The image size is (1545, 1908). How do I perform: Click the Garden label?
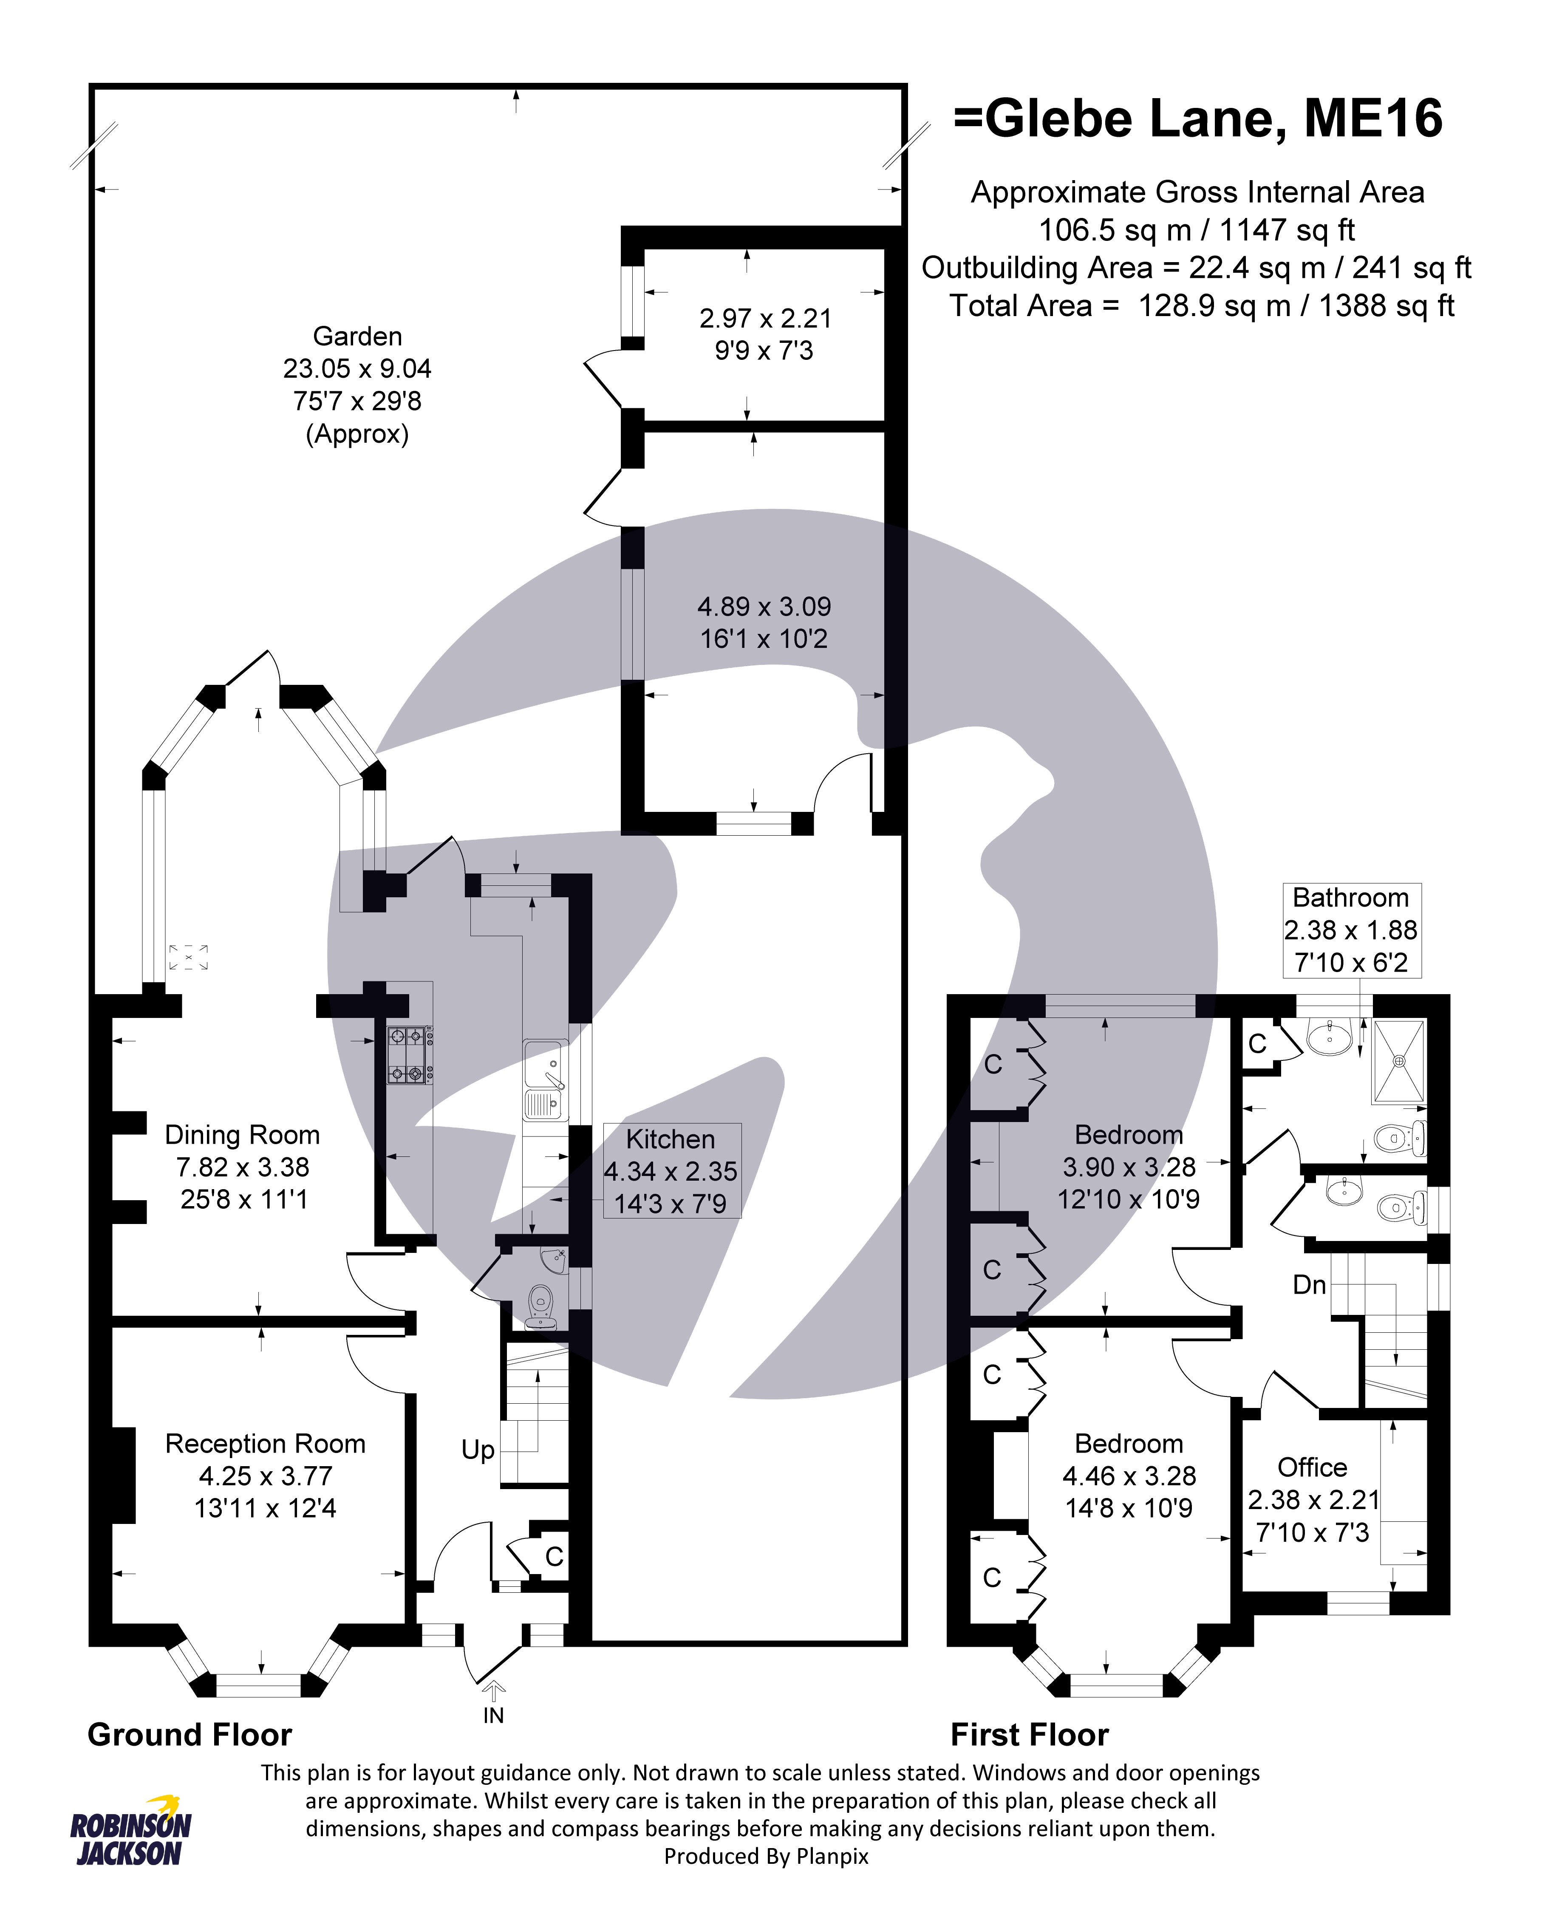coord(357,336)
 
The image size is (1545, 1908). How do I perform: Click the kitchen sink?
coord(545,1080)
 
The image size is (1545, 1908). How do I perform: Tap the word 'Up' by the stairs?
coord(478,1450)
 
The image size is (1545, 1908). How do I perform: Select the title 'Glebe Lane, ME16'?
coord(1198,119)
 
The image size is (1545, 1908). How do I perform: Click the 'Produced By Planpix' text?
coord(766,1855)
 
